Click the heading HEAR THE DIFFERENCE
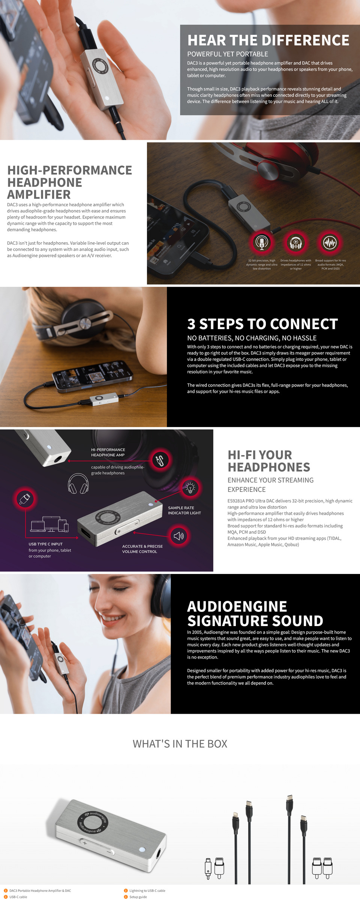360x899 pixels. click(268, 40)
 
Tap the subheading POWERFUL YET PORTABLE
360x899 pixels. click(228, 54)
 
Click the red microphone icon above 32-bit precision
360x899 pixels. click(262, 243)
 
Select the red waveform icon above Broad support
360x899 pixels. click(330, 243)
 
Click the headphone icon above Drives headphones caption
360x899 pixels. click(295, 243)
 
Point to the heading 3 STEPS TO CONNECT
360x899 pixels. click(262, 324)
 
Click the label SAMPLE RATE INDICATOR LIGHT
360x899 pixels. click(184, 510)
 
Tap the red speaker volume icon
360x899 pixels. click(178, 536)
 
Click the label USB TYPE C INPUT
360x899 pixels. click(45, 544)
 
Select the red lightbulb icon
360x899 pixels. click(190, 487)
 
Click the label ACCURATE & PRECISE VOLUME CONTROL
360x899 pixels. click(142, 549)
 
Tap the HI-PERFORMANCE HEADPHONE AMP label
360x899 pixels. click(108, 452)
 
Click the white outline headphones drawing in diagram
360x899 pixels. click(78, 484)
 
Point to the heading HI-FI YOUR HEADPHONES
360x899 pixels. click(268, 461)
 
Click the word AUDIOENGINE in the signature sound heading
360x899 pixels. click(237, 607)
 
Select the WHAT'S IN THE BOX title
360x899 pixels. click(180, 744)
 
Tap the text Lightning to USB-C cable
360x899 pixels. click(147, 890)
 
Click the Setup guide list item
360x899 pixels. click(138, 897)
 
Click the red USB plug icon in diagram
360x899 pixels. click(25, 499)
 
